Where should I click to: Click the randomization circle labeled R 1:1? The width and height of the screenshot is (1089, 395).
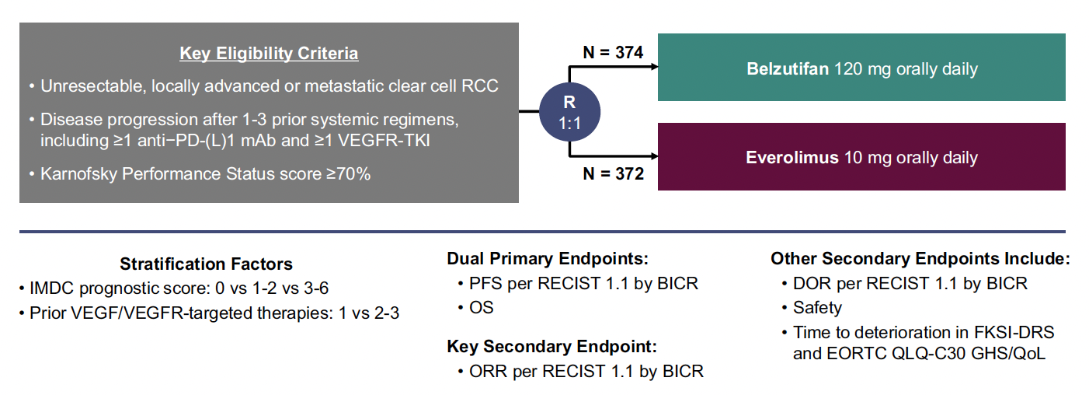click(x=569, y=112)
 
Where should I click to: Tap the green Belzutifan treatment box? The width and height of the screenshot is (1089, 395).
click(x=861, y=67)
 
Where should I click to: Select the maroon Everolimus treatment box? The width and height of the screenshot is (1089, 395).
click(x=861, y=156)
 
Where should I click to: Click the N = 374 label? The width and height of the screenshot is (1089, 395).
click(x=613, y=52)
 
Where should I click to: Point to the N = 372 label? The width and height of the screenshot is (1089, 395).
click(x=613, y=173)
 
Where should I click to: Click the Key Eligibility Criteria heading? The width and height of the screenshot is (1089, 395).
click(x=269, y=54)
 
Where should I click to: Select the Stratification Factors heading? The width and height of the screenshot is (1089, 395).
click(x=206, y=264)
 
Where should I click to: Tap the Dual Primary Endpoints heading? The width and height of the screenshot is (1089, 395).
click(x=548, y=258)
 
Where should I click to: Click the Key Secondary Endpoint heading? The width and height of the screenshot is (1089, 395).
click(x=551, y=346)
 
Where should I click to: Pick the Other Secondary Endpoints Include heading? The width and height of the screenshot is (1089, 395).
click(x=920, y=258)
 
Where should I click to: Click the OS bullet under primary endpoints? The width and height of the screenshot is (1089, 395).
click(x=482, y=307)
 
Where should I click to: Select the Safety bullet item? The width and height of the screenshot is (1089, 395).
click(x=818, y=308)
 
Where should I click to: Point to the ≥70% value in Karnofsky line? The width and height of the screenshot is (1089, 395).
click(x=349, y=173)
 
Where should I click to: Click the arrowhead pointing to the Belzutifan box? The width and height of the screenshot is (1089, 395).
click(x=654, y=67)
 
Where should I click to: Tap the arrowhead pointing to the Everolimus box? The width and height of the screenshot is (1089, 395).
click(x=654, y=156)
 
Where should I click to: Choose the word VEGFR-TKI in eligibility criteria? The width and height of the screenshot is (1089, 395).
click(x=384, y=141)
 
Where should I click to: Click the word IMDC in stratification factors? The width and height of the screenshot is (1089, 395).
click(x=52, y=288)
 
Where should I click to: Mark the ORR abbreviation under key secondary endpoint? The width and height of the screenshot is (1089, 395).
click(x=489, y=371)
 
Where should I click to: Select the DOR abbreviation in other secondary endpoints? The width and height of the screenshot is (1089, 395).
click(x=812, y=283)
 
